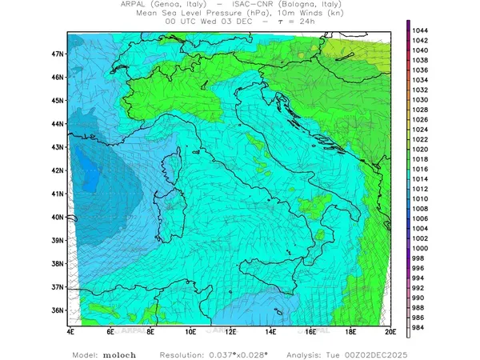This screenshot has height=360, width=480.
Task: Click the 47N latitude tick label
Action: point(58,54)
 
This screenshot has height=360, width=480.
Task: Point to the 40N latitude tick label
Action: point(58,217)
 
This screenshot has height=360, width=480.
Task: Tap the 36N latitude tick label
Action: point(58,310)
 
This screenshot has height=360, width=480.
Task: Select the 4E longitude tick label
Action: point(70,330)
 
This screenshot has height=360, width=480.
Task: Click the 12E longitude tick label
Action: point(231,330)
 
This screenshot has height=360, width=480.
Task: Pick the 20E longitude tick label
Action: point(390,330)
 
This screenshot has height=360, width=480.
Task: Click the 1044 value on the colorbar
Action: point(421,30)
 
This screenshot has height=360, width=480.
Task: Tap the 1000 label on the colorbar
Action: point(421,248)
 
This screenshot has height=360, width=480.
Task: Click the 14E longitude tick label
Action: point(271,330)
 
